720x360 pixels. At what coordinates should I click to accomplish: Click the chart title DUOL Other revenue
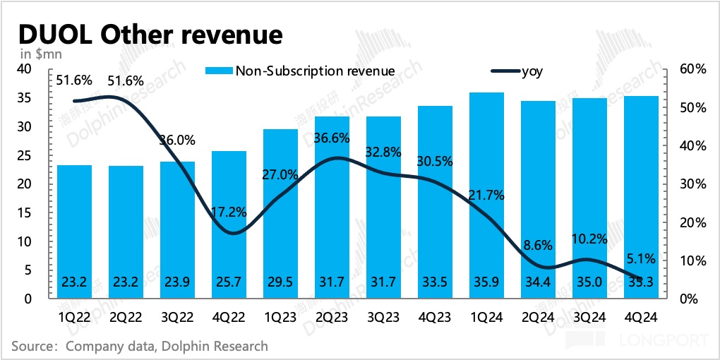[x=150, y=34]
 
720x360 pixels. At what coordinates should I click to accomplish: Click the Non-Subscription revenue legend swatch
[x=219, y=71]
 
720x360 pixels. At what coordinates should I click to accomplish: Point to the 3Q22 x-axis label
[x=178, y=316]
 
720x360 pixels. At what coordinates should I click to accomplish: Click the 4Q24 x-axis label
[x=641, y=316]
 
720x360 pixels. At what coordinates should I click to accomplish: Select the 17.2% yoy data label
[x=229, y=211]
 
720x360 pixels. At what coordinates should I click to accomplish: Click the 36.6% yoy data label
[x=332, y=139]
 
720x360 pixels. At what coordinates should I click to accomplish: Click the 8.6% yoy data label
[x=539, y=246]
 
